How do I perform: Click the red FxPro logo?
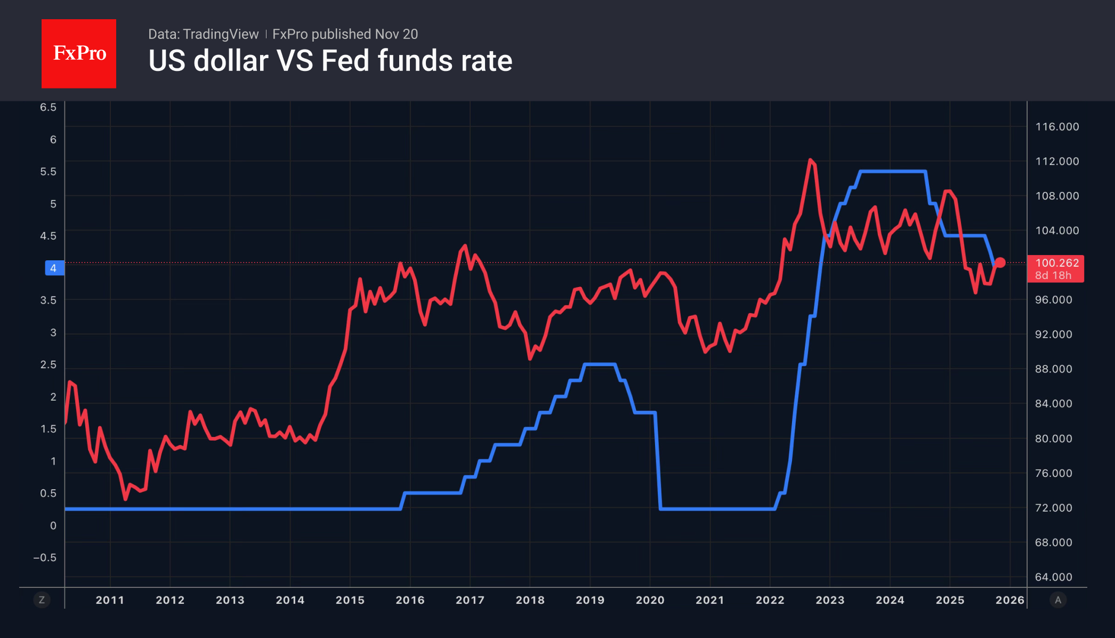coord(79,53)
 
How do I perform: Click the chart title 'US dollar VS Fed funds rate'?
coord(330,61)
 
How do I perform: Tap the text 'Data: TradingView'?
coord(203,34)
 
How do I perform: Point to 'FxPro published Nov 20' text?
coord(345,34)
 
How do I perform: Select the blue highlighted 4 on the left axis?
coord(54,268)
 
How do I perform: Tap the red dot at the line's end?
coord(1000,262)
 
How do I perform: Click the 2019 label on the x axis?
coord(590,600)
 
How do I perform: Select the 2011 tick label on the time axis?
coord(110,600)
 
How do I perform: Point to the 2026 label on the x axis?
coord(1010,600)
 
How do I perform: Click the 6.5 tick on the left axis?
coord(48,107)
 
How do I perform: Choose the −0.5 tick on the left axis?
coord(45,558)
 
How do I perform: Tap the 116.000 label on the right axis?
coord(1057,127)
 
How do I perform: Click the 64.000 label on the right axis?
coord(1053,577)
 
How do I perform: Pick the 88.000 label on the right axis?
coord(1053,369)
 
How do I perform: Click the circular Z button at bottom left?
coord(42,600)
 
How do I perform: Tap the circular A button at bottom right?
coord(1058,600)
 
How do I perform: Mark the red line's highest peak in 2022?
coord(810,159)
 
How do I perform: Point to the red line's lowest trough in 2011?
coord(125,499)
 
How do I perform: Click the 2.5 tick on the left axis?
coord(48,365)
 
